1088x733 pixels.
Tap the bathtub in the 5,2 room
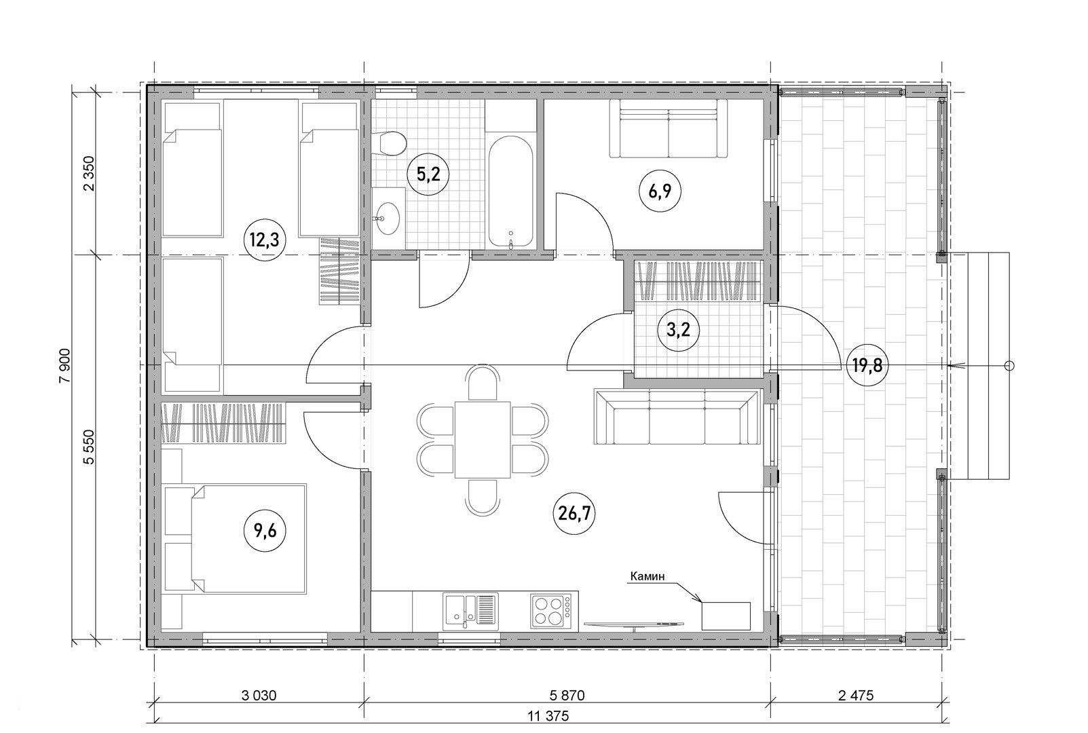(x=510, y=192)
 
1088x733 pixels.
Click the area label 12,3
(x=265, y=240)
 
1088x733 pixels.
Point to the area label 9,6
(x=265, y=531)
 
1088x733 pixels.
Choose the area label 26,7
(x=574, y=514)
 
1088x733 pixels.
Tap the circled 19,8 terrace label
(x=867, y=366)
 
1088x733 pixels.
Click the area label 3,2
(x=679, y=331)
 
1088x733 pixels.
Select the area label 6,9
(x=660, y=191)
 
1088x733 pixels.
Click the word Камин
(x=647, y=576)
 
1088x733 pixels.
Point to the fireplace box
(x=726, y=616)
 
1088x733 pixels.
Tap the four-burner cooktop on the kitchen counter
(x=551, y=610)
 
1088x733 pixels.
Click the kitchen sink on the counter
(x=470, y=609)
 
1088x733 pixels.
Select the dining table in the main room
(x=483, y=440)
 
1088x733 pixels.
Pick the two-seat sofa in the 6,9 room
(x=669, y=128)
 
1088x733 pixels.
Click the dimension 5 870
(x=567, y=696)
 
